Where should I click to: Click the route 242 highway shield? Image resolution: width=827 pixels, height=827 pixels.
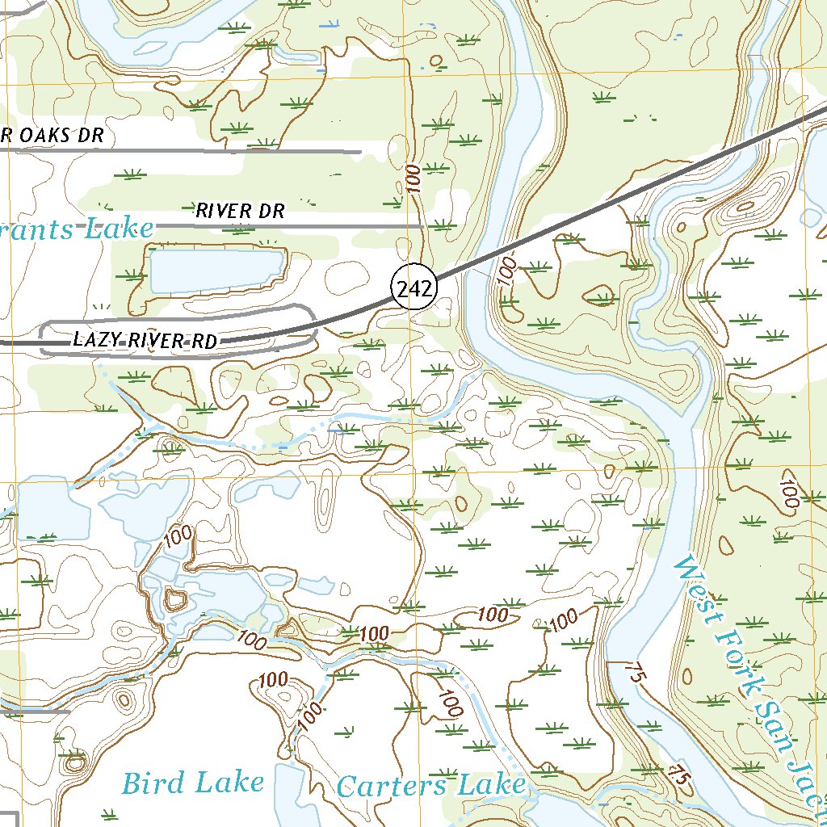click(413, 287)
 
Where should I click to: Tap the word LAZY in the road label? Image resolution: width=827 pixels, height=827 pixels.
click(94, 340)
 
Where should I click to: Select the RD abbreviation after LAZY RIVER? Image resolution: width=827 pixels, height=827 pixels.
click(205, 342)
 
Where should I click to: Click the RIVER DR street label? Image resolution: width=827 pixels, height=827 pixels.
click(241, 211)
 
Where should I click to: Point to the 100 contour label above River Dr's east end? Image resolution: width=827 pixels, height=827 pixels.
click(414, 178)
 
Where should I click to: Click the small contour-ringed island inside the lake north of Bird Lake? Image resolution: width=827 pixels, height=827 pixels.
click(174, 599)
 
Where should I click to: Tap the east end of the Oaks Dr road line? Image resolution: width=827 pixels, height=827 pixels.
click(359, 151)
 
